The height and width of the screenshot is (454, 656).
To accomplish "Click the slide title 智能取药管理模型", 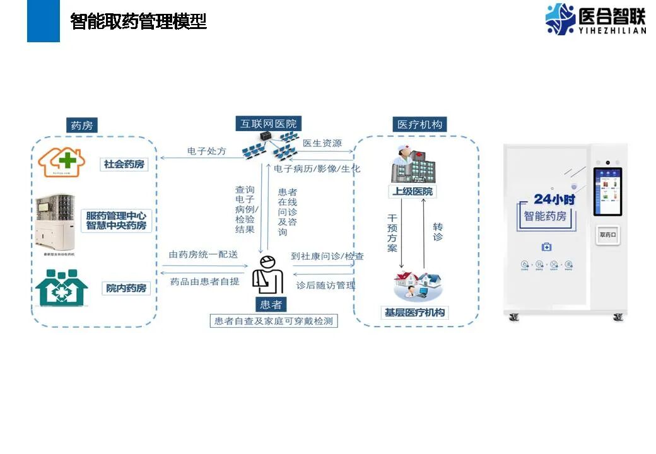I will [139, 22].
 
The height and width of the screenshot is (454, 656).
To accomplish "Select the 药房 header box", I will [83, 125].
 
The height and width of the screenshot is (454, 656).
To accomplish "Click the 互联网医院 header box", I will [268, 124].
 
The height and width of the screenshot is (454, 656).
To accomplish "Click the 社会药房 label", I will [124, 165].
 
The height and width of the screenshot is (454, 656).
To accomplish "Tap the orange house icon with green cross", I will [61, 162].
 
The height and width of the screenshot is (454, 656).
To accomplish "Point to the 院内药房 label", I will [126, 288].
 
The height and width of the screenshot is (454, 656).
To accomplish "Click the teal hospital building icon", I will [61, 288].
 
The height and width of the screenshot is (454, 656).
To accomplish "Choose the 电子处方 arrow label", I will [206, 151].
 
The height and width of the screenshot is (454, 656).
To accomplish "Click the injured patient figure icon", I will [267, 276].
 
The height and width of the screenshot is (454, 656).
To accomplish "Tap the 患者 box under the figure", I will [270, 305].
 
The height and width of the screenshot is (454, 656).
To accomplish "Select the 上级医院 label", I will [413, 191].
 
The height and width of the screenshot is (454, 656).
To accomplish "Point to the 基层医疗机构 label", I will [414, 312].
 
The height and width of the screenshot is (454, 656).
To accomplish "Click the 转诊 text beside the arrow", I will [438, 231].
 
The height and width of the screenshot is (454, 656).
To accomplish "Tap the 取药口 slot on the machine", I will [607, 235].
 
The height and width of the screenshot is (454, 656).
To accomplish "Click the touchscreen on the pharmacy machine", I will [608, 191].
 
